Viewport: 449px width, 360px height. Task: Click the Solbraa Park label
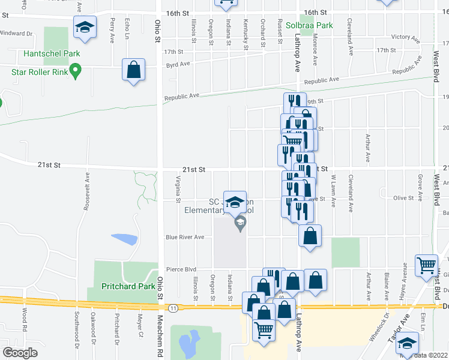(x=309, y=26)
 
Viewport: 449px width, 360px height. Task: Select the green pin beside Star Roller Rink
(x=75, y=72)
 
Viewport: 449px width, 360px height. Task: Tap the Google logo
(x=20, y=353)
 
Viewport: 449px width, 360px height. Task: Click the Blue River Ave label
(x=185, y=237)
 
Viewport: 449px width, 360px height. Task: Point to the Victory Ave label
(x=403, y=37)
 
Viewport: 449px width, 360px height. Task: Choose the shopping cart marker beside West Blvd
(x=426, y=265)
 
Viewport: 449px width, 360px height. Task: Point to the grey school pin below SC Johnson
(x=240, y=224)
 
